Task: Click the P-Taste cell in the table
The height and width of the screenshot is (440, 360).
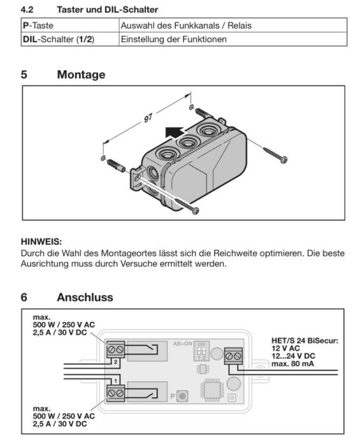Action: click(70, 26)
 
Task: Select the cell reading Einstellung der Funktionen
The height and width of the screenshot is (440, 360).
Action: click(233, 39)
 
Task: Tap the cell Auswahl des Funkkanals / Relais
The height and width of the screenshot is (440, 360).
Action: click(233, 26)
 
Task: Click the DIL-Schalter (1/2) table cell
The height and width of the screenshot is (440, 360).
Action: click(70, 39)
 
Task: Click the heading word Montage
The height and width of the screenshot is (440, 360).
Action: click(81, 75)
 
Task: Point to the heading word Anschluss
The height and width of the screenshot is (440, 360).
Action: click(85, 297)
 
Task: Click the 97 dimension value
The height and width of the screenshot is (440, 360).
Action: click(148, 118)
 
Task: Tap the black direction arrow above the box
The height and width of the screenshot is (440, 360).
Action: click(175, 132)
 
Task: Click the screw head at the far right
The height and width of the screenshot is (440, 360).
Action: click(284, 160)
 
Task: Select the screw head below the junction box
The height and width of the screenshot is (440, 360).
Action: click(196, 210)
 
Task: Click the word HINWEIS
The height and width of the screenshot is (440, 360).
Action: click(41, 241)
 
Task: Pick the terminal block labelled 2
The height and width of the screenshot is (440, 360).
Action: click(115, 349)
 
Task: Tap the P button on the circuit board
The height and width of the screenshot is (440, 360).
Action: click(182, 396)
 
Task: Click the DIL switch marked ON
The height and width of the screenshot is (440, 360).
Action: click(202, 351)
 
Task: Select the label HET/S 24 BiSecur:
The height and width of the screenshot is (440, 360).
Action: click(305, 341)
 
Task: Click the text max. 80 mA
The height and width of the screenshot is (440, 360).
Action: click(292, 364)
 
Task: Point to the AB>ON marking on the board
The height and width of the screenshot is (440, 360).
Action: click(183, 344)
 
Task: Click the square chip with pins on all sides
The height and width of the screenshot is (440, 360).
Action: click(212, 390)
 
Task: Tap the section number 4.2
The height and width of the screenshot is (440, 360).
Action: click(27, 10)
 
